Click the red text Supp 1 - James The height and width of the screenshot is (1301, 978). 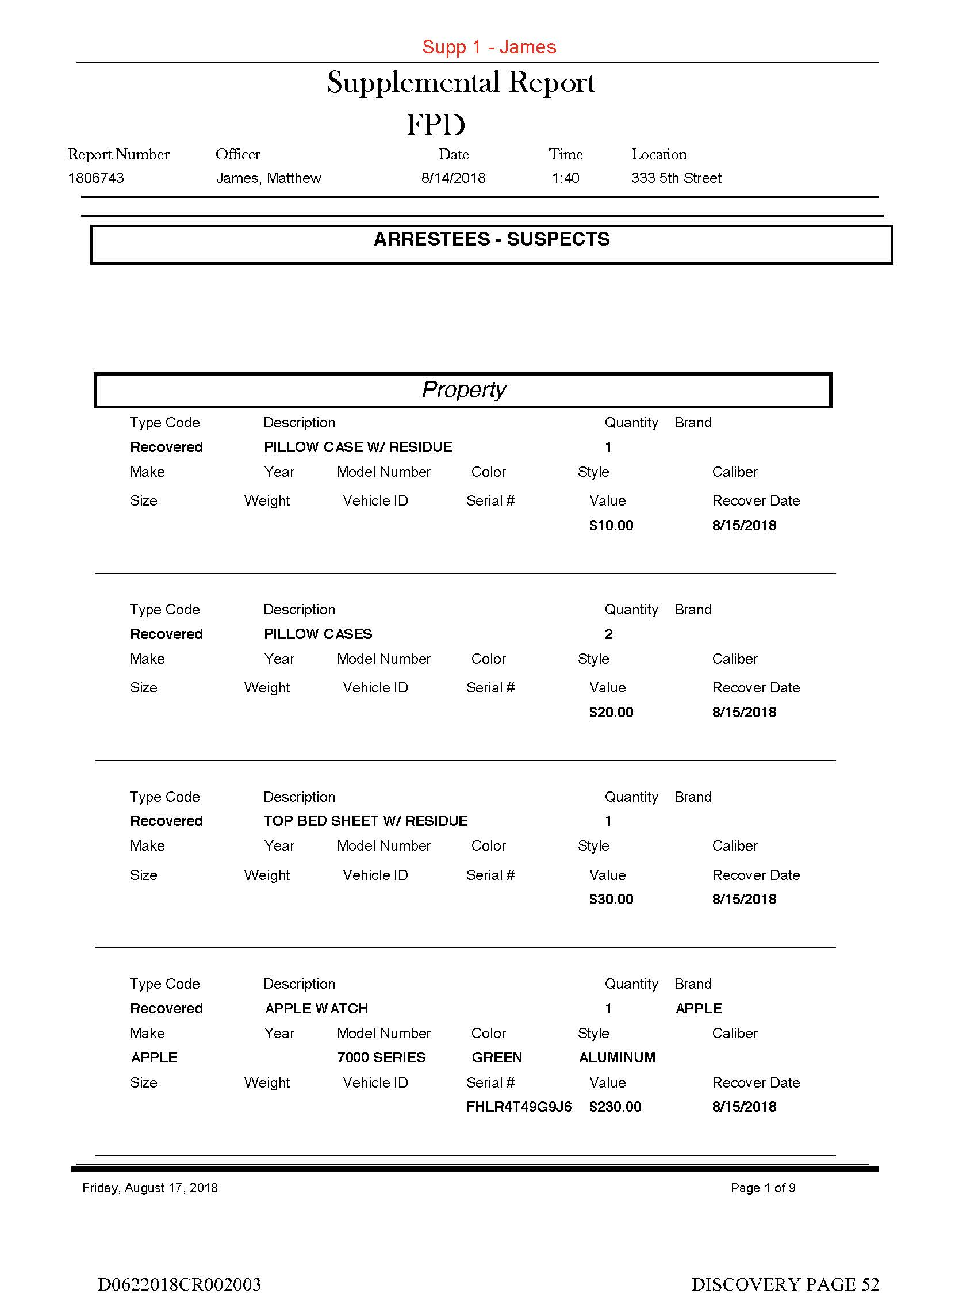click(x=489, y=47)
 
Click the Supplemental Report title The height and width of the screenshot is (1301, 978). click(x=461, y=82)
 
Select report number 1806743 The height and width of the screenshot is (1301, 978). click(x=96, y=178)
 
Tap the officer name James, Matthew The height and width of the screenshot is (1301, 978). click(x=268, y=178)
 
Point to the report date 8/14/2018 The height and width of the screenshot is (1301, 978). click(x=453, y=178)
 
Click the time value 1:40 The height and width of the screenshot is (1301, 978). click(x=565, y=178)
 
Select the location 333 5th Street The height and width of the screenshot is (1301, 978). click(x=676, y=178)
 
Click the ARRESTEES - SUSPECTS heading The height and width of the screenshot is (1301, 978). click(x=491, y=239)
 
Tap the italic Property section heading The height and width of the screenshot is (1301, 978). click(x=463, y=389)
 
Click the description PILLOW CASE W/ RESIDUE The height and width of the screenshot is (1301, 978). click(x=358, y=447)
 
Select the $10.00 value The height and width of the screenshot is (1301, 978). click(x=611, y=525)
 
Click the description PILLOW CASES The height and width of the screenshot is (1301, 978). click(x=317, y=634)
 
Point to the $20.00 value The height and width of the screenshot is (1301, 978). click(x=611, y=712)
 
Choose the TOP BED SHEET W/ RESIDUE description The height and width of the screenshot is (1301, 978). click(x=365, y=821)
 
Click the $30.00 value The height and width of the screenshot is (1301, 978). click(x=611, y=899)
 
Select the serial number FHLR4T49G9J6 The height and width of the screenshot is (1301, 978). click(x=519, y=1107)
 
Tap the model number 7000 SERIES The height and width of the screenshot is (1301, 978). click(x=381, y=1057)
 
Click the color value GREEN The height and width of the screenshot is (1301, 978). click(x=496, y=1057)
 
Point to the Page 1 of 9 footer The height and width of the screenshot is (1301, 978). click(x=763, y=1188)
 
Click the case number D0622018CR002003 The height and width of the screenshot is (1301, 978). click(x=179, y=1283)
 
